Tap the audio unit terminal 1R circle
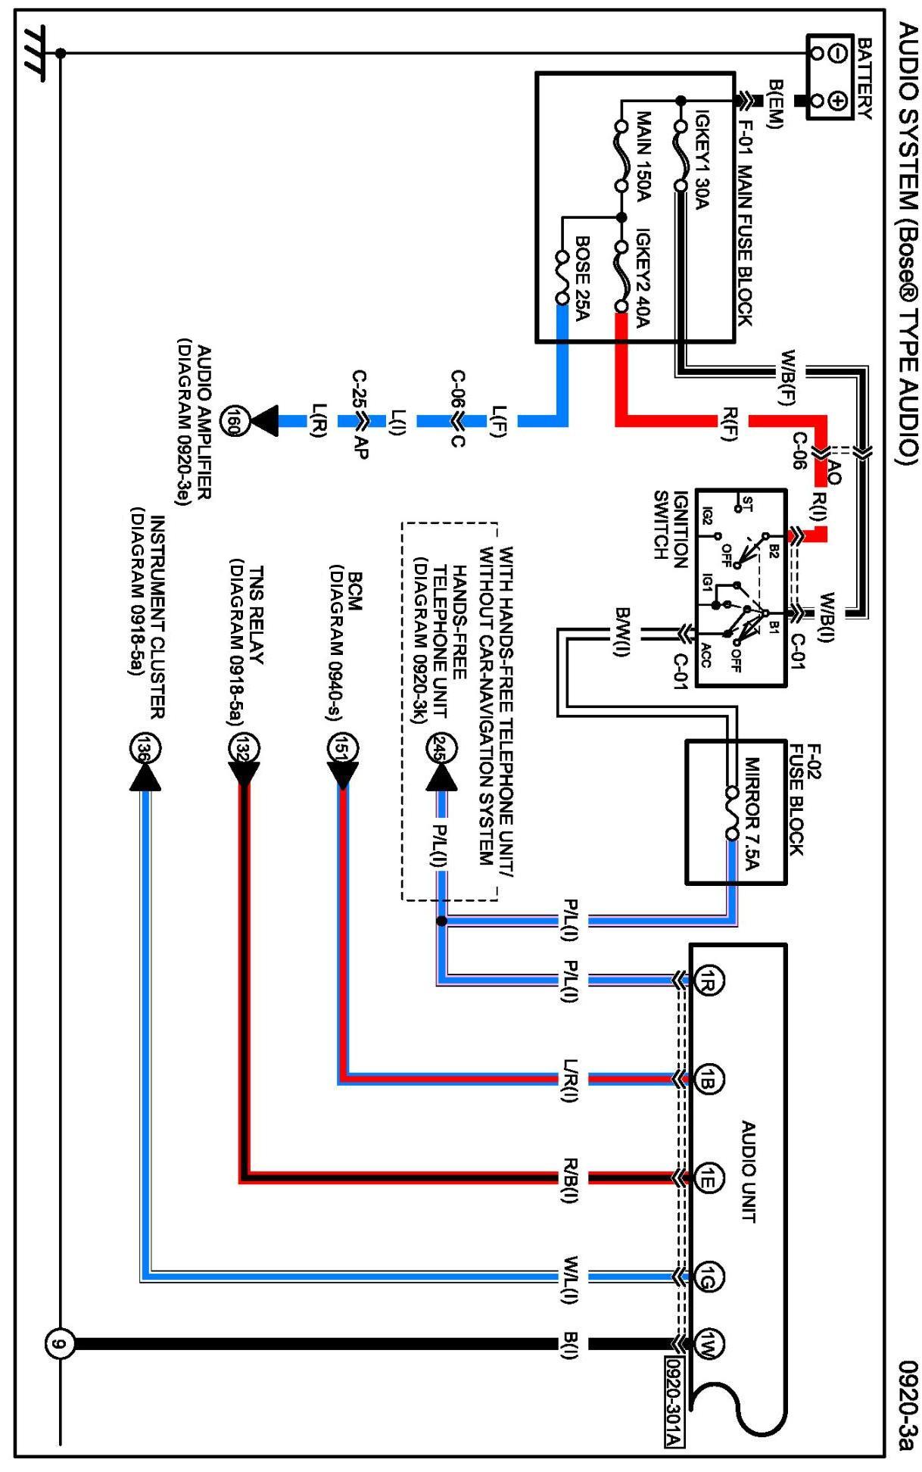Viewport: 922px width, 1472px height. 709,980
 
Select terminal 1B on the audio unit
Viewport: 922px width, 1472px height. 709,1079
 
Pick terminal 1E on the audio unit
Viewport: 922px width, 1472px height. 709,1177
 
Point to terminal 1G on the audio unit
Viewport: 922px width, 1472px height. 709,1277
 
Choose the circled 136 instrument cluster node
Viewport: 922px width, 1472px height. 144,749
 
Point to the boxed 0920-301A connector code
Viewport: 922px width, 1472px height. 673,1402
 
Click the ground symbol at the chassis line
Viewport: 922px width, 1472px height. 34,53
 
